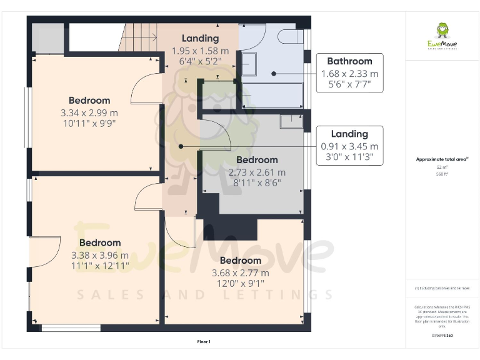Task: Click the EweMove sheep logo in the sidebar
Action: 442,31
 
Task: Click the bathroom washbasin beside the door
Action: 248,63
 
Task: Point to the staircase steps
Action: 137,37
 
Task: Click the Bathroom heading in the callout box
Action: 349,61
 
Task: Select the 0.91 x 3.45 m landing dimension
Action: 349,146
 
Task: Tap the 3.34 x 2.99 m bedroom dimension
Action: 89,112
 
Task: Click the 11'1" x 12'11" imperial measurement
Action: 99,266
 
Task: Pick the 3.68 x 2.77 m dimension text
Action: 241,273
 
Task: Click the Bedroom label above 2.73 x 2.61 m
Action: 257,160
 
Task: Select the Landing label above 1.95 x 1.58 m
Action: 200,39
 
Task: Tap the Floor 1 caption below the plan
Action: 204,342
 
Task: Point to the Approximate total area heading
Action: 442,160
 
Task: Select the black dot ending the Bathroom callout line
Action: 274,74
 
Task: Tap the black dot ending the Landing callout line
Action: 181,146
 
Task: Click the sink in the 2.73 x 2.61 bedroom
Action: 291,121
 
